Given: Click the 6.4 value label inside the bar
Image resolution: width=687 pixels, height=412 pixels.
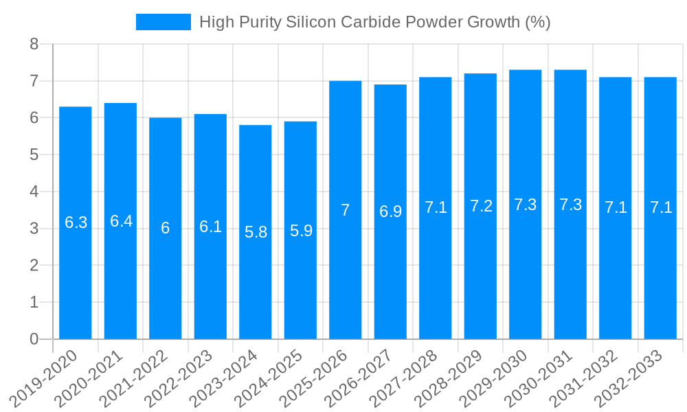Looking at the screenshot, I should (x=121, y=221).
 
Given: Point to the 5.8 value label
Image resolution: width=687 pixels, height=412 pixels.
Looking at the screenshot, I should (x=256, y=232).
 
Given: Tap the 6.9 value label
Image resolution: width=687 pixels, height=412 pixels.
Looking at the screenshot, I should (x=390, y=211).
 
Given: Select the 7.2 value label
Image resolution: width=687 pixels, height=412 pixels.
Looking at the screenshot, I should (x=481, y=206).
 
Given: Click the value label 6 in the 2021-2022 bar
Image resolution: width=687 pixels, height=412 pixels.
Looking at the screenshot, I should (x=166, y=228).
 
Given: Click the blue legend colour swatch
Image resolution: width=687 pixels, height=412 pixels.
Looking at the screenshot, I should (x=164, y=22).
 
